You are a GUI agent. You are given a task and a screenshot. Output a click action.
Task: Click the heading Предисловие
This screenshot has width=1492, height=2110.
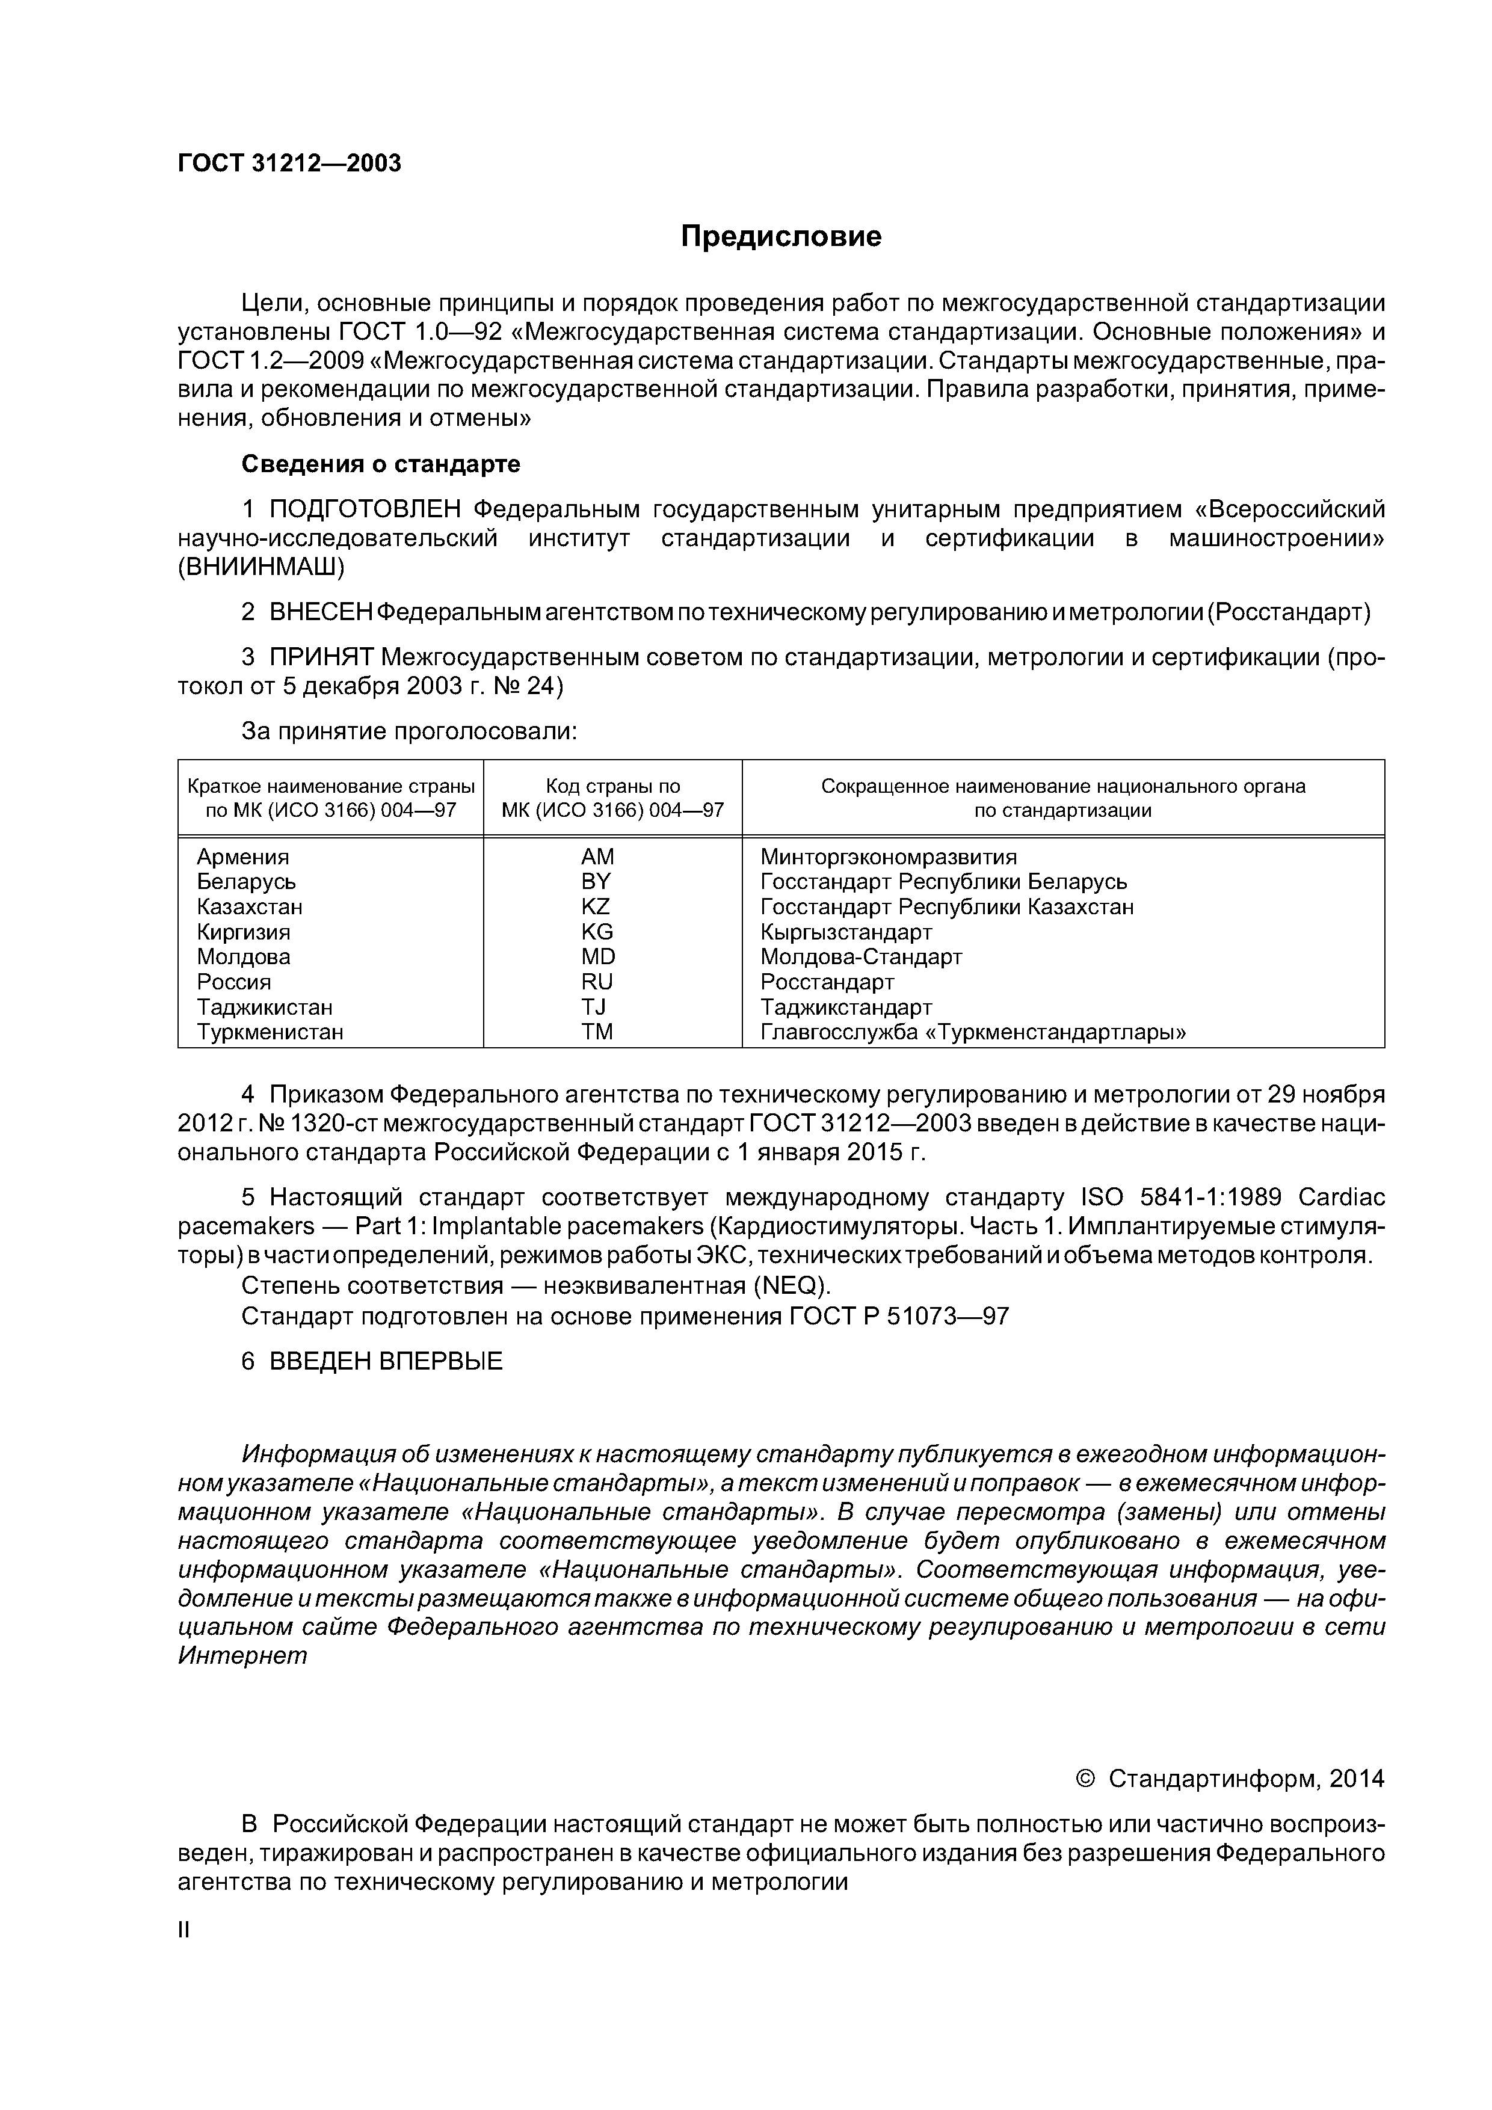[x=780, y=237]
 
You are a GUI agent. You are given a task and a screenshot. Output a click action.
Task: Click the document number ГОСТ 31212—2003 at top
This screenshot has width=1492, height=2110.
[x=289, y=164]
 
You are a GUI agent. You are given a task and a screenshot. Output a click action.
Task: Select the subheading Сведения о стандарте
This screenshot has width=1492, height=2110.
[x=381, y=464]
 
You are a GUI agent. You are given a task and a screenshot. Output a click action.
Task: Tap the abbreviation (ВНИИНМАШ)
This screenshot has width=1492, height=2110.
[x=261, y=567]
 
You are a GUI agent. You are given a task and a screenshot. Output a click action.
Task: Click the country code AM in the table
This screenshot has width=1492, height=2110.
[x=597, y=857]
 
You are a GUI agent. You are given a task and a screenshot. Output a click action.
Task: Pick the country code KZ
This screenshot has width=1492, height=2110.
[x=596, y=906]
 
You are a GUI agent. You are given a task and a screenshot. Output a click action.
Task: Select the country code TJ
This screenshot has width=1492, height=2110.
[x=594, y=1007]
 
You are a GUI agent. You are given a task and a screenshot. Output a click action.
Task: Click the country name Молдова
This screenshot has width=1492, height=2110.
[x=244, y=957]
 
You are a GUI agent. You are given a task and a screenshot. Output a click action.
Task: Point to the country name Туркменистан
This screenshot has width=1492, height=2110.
[x=270, y=1032]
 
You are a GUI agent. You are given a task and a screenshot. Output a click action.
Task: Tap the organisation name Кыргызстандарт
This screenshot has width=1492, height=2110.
[x=846, y=932]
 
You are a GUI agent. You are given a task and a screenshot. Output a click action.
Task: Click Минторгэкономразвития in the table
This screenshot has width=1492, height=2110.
[x=888, y=857]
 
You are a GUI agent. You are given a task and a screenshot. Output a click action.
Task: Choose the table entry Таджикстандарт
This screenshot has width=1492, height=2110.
[x=846, y=1007]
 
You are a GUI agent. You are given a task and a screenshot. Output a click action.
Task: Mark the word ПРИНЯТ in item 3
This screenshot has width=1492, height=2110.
[x=322, y=657]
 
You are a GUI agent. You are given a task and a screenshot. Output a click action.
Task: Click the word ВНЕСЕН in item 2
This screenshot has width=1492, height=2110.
[x=321, y=612]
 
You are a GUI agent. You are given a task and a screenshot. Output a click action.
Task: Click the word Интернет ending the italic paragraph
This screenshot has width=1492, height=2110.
[x=242, y=1656]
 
